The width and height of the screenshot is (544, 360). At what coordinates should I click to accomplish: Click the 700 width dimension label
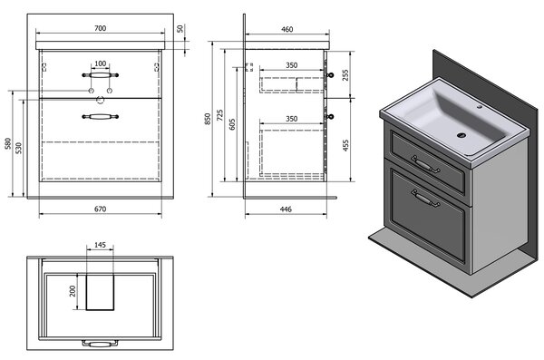[x=101, y=28]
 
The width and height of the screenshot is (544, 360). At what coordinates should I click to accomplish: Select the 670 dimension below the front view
[x=101, y=209]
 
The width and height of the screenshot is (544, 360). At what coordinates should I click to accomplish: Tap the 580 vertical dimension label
[x=8, y=143]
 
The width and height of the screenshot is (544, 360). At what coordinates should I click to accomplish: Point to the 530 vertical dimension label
[x=19, y=148]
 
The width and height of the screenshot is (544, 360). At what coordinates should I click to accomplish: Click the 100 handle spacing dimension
[x=101, y=63]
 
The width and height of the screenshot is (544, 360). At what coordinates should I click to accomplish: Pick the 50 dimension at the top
[x=180, y=28]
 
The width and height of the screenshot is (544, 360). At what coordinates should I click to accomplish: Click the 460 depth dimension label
[x=287, y=29]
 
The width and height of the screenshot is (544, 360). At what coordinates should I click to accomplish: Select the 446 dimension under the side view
[x=286, y=209]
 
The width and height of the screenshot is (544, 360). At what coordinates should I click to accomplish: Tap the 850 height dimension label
[x=208, y=119]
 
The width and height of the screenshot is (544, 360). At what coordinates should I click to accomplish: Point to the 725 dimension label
[x=220, y=115]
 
